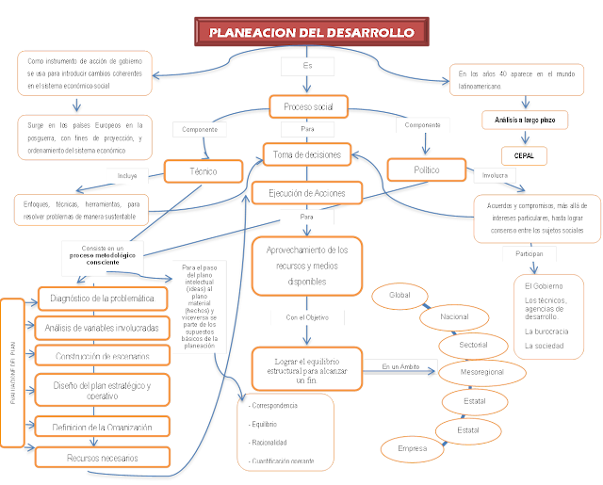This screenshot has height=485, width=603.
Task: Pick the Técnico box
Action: tap(204, 171)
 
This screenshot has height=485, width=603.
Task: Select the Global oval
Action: tap(400, 296)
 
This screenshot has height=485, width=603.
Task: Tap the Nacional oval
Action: tap(454, 317)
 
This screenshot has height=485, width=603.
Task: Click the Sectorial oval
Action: tap(474, 345)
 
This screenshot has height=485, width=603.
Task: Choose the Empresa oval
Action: tap(413, 448)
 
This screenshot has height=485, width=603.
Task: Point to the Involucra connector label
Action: tap(495, 175)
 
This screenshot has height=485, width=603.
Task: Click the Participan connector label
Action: tap(528, 254)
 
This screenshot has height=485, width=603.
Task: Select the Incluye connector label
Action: tap(127, 175)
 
